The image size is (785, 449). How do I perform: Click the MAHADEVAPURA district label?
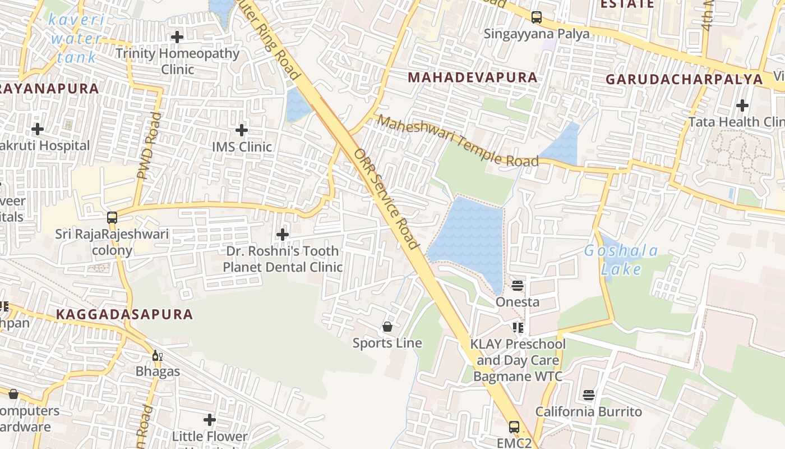click(472, 77)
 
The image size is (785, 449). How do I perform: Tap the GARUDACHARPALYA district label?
click(684, 79)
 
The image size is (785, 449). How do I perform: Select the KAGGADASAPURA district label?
click(124, 314)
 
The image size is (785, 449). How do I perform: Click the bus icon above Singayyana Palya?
click(537, 17)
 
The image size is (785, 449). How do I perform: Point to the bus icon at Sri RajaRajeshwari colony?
click(112, 217)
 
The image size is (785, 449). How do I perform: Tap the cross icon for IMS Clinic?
click(242, 130)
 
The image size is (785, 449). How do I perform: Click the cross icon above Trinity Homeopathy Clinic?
click(177, 38)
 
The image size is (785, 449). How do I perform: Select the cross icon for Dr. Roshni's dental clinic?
click(283, 234)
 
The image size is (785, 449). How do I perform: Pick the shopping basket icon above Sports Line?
click(387, 327)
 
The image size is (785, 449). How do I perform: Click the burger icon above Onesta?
click(518, 285)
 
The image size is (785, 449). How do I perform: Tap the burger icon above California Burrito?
click(588, 395)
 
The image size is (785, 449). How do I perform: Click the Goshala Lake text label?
click(621, 260)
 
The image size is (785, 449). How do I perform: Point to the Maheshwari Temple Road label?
click(457, 141)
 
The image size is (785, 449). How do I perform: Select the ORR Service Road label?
click(386, 199)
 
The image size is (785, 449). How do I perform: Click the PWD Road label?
click(149, 146)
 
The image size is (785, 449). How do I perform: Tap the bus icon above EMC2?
click(514, 427)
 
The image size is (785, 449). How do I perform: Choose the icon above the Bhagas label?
click(158, 355)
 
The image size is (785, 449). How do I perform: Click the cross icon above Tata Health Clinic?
click(742, 106)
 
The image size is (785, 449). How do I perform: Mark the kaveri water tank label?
click(76, 38)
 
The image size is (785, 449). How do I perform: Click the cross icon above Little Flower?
click(210, 420)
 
